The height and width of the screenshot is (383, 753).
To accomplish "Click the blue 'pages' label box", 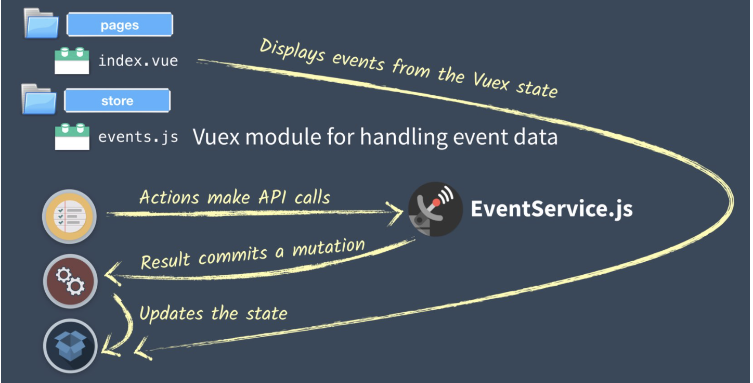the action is click(120, 24).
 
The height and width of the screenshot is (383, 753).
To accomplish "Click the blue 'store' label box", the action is click(118, 100).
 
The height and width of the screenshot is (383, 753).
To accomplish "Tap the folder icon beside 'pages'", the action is click(41, 23).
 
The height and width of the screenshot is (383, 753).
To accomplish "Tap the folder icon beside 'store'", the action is click(38, 99).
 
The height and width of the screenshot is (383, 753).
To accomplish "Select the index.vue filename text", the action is click(138, 61).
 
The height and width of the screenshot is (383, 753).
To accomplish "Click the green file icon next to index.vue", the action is click(72, 60).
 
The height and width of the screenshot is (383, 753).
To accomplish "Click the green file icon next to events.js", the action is click(72, 136).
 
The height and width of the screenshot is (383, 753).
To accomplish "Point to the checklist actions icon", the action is click(70, 216).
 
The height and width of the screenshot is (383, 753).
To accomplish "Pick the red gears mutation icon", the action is click(70, 281).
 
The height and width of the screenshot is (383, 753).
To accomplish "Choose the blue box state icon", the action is click(70, 346).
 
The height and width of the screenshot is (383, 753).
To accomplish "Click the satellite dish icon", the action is click(435, 209).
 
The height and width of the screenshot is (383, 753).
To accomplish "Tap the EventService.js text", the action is click(552, 209).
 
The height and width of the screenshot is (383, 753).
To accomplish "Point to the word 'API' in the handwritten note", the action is click(272, 197).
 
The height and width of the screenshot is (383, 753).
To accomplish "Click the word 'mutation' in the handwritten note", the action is click(329, 247).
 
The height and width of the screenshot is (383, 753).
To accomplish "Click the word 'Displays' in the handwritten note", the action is click(292, 51).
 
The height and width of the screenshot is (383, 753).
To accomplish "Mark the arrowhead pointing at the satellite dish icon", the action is click(395, 213).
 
